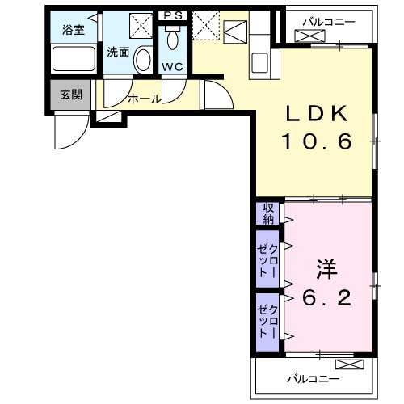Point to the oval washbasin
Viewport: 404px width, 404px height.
[x=143, y=60]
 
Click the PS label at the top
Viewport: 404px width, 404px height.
[x=173, y=15]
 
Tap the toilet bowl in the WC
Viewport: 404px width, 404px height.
[x=173, y=42]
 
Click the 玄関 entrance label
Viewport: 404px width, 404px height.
[x=71, y=94]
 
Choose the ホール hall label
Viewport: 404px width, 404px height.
[x=145, y=99]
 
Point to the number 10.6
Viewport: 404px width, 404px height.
[x=317, y=143]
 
